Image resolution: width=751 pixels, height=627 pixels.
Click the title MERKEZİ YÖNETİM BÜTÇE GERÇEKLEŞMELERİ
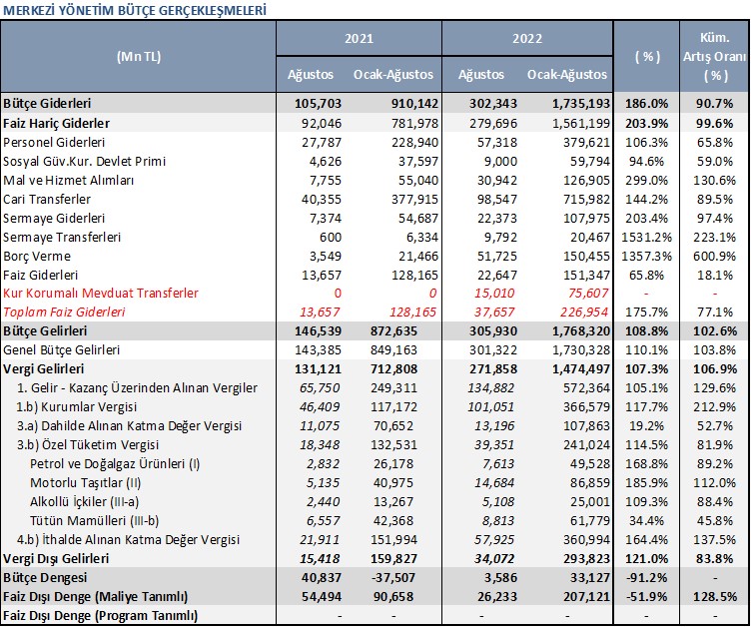click(x=135, y=10)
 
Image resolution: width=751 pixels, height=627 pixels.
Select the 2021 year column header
click(x=359, y=38)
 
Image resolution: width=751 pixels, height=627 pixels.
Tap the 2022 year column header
click(x=527, y=38)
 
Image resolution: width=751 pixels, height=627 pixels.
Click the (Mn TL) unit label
click(x=139, y=57)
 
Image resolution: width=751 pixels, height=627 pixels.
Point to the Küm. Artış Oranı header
click(x=715, y=57)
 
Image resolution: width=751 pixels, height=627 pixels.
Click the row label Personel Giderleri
click(x=54, y=142)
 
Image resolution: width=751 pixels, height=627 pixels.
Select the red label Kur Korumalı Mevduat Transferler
click(x=101, y=294)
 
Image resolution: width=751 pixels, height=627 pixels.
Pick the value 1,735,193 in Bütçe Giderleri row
click(x=581, y=104)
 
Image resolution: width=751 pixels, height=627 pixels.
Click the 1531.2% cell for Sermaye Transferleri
click(x=646, y=237)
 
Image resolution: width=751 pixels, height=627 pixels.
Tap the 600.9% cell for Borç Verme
click(x=714, y=257)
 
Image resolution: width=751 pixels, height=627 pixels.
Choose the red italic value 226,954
click(x=585, y=313)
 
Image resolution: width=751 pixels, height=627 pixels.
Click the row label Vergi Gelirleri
click(x=44, y=369)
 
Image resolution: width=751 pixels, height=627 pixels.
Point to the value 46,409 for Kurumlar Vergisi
click(x=320, y=407)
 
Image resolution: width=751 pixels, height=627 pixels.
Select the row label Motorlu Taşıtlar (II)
click(x=85, y=483)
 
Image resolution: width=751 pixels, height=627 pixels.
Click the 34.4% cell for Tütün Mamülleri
click(x=646, y=520)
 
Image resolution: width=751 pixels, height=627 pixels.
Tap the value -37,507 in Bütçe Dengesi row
click(x=393, y=578)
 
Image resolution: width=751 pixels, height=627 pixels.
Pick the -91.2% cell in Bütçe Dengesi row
click(x=646, y=578)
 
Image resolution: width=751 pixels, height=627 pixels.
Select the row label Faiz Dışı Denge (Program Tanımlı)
click(x=100, y=616)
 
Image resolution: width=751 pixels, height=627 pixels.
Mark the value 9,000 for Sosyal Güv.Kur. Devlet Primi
click(x=500, y=162)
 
